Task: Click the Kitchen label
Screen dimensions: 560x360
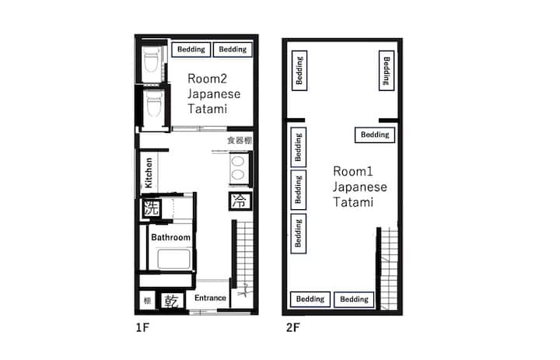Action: coord(149,173)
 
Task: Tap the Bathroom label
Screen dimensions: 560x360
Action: coord(170,237)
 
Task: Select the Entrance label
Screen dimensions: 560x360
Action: coord(210,298)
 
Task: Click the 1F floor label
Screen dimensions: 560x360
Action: coord(142,327)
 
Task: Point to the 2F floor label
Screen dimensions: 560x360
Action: coord(293,327)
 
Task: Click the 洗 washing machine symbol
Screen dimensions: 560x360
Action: coord(151,208)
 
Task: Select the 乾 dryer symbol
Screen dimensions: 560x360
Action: coord(171,302)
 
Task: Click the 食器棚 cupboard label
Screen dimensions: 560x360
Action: coord(240,140)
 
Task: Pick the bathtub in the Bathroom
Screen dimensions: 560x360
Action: coord(174,259)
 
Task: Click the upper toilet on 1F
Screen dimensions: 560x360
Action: coord(152,59)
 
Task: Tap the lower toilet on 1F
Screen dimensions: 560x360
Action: coord(153,103)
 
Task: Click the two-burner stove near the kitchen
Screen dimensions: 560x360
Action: coord(238,168)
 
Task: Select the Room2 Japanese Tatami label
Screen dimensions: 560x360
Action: coord(214,93)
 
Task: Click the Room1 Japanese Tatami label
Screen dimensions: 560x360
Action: coord(360,187)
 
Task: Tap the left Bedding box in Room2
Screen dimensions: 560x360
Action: coord(191,49)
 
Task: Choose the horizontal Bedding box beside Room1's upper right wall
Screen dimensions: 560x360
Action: coord(375,135)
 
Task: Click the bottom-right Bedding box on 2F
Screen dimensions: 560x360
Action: coord(354,299)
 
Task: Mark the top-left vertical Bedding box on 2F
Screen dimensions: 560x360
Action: coord(299,70)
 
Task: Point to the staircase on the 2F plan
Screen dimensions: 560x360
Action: coord(389,268)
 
